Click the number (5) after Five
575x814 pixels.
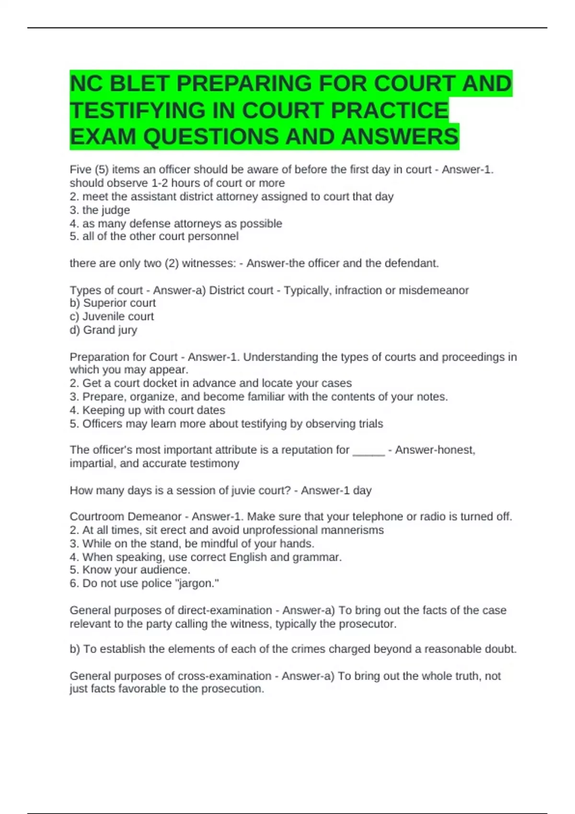pos(101,170)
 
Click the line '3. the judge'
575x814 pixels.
pos(100,210)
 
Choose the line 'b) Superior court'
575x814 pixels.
pos(113,303)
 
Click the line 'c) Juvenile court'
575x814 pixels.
pos(112,317)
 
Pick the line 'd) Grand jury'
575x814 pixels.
pos(103,330)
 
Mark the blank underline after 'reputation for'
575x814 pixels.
pos(368,451)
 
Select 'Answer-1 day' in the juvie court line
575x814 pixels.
pos(336,490)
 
